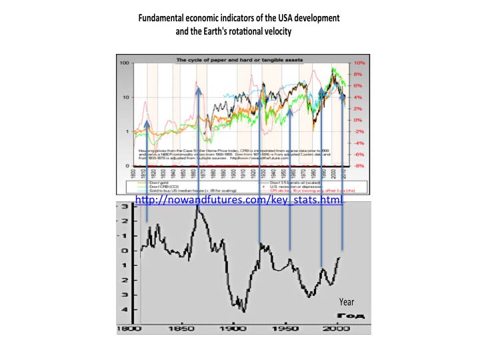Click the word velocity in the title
click(275, 31)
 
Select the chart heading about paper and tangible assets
click(239, 60)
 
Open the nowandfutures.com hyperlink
click(239, 200)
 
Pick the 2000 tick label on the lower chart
click(338, 328)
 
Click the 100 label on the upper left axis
click(125, 63)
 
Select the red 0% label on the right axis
click(357, 120)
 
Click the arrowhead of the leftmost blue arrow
click(147, 123)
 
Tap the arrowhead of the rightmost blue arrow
click(342, 96)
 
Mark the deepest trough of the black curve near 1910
click(244, 311)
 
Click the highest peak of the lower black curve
click(197, 208)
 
